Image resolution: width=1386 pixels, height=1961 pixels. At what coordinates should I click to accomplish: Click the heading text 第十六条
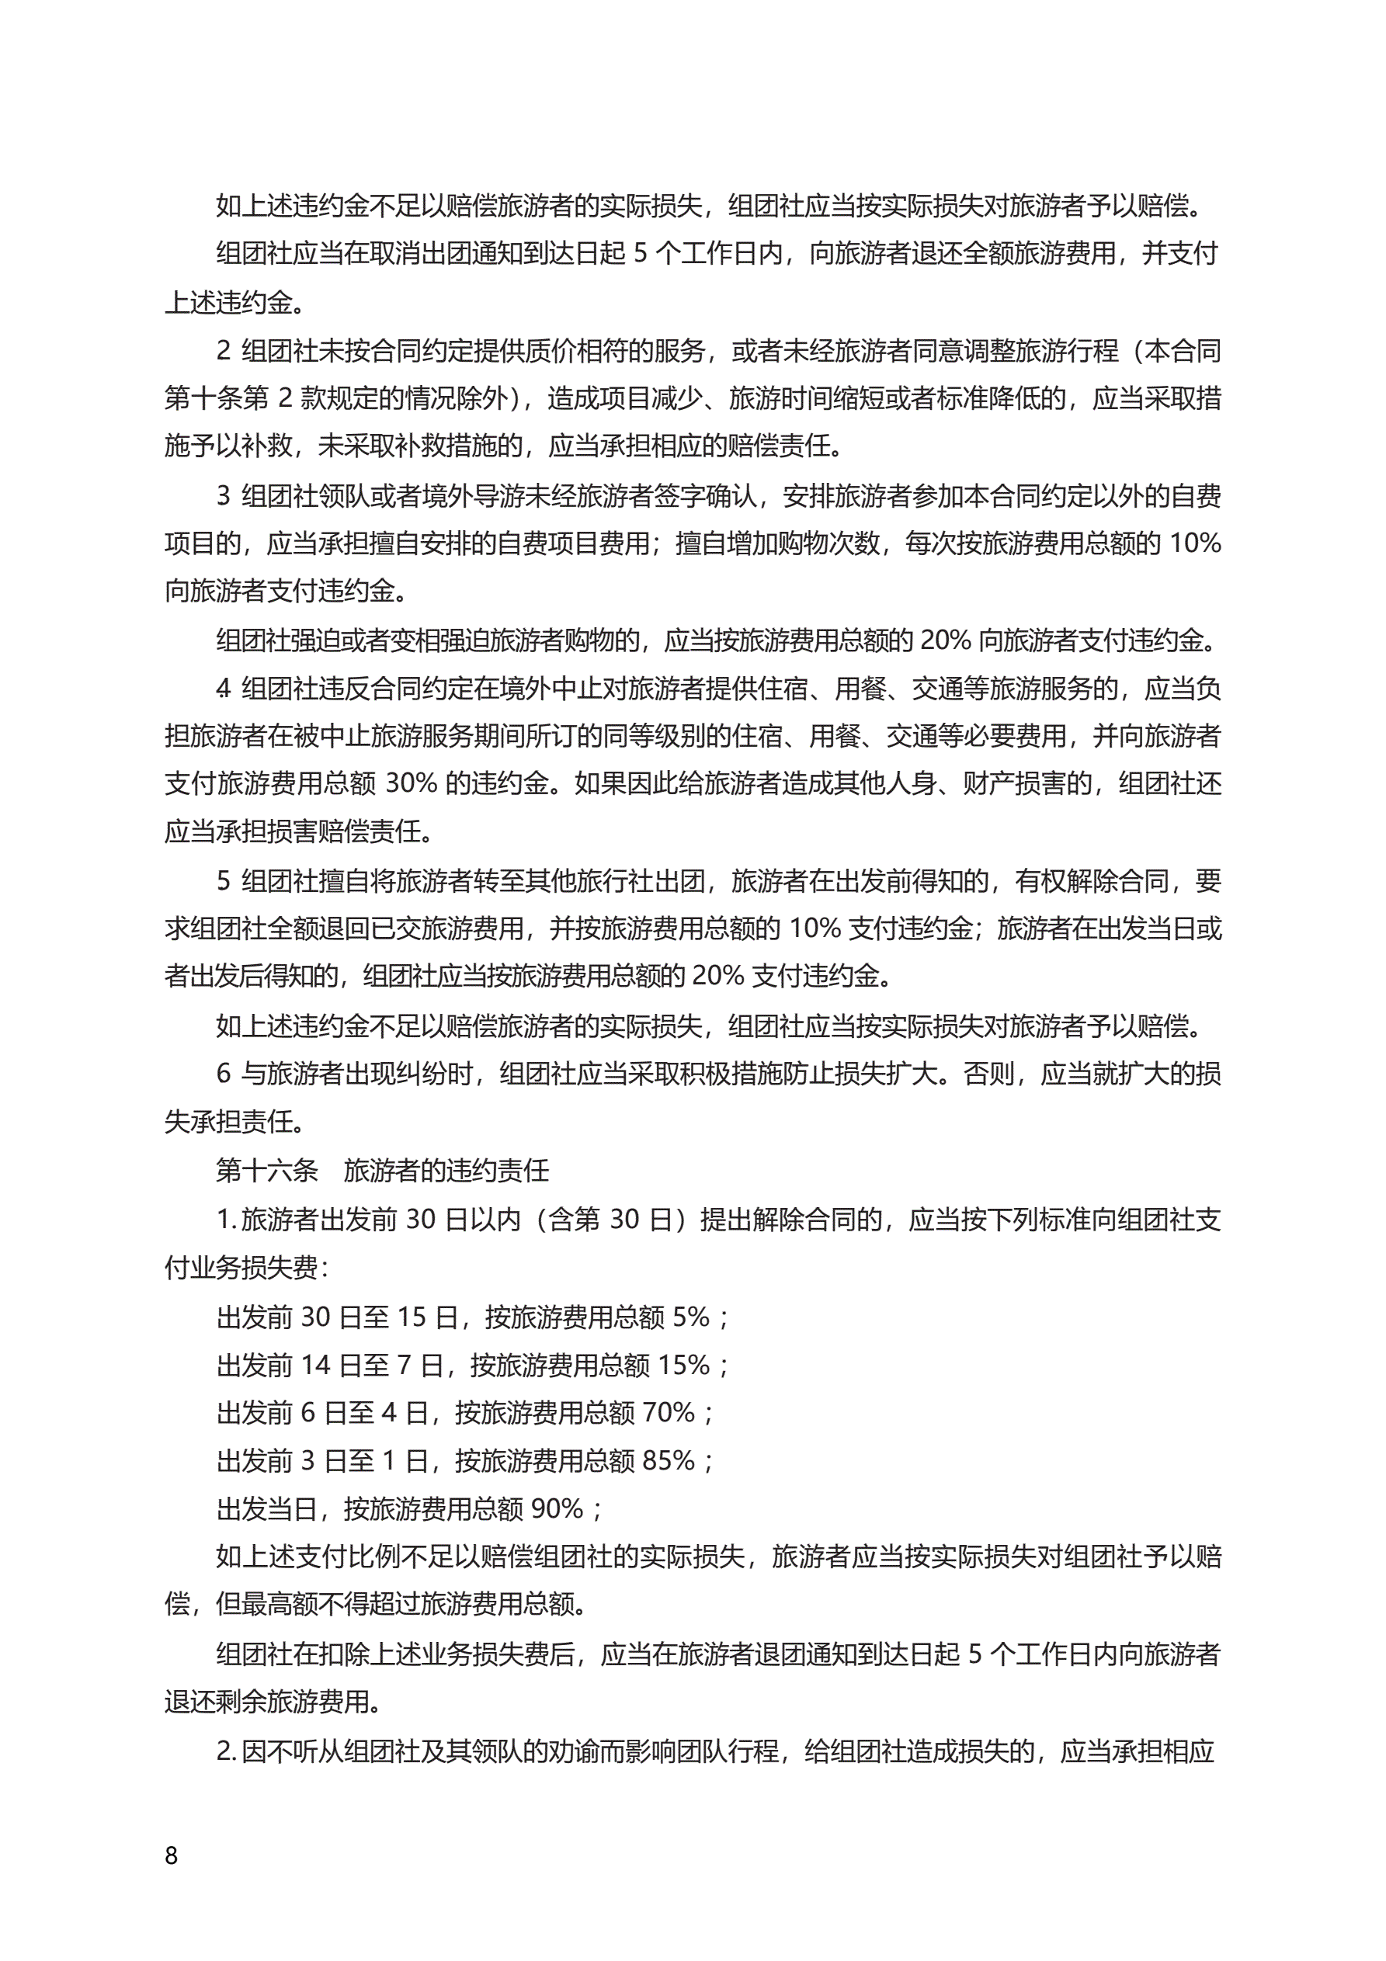pyautogui.click(x=266, y=1170)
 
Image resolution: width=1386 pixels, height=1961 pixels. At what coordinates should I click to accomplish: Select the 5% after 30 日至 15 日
pyautogui.click(x=690, y=1317)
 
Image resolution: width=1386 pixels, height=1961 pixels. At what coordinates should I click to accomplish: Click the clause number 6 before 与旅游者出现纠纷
pyautogui.click(x=224, y=1074)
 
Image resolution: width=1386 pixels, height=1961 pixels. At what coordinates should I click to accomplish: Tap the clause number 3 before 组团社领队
pyautogui.click(x=224, y=495)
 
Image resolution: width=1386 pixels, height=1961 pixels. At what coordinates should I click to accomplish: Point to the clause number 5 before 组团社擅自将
pyautogui.click(x=224, y=880)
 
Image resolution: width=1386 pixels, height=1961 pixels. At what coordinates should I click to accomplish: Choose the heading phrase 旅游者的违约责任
pyautogui.click(x=446, y=1170)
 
